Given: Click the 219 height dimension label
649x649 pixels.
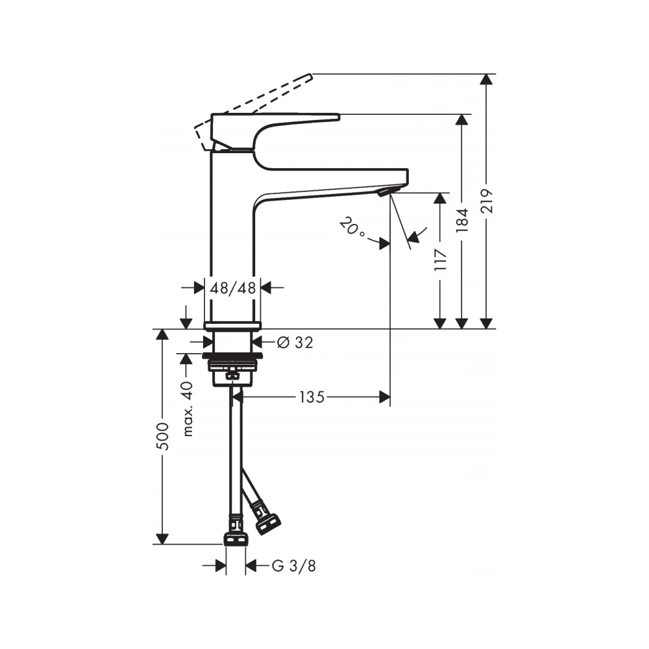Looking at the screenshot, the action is coord(487,201).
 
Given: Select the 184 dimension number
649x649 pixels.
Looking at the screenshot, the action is coord(462,220).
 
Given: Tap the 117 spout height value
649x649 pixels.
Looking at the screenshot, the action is coord(441,260).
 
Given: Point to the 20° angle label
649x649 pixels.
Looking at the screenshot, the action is coord(352,228).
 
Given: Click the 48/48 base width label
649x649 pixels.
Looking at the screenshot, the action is coord(232,288).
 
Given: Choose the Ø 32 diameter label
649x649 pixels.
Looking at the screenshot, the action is coord(295,342).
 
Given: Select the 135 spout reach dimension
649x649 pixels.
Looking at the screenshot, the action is coord(312,397).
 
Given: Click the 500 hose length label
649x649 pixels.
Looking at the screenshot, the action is coord(163,436).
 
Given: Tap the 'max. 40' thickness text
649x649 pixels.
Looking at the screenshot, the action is coord(188,409).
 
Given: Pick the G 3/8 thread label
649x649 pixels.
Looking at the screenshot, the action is coord(294,566).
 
